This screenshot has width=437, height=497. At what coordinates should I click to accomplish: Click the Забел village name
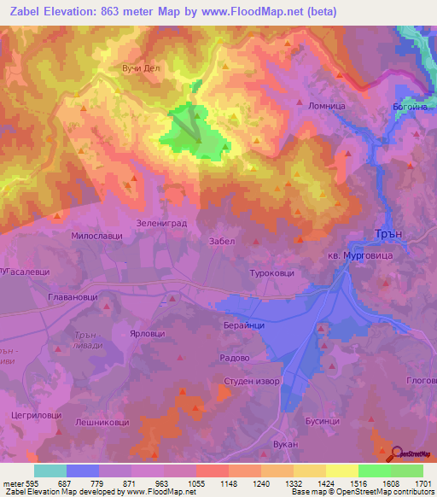pyautogui.click(x=221, y=242)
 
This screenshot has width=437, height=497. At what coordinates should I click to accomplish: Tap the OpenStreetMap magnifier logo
pyautogui.click(x=398, y=453)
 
